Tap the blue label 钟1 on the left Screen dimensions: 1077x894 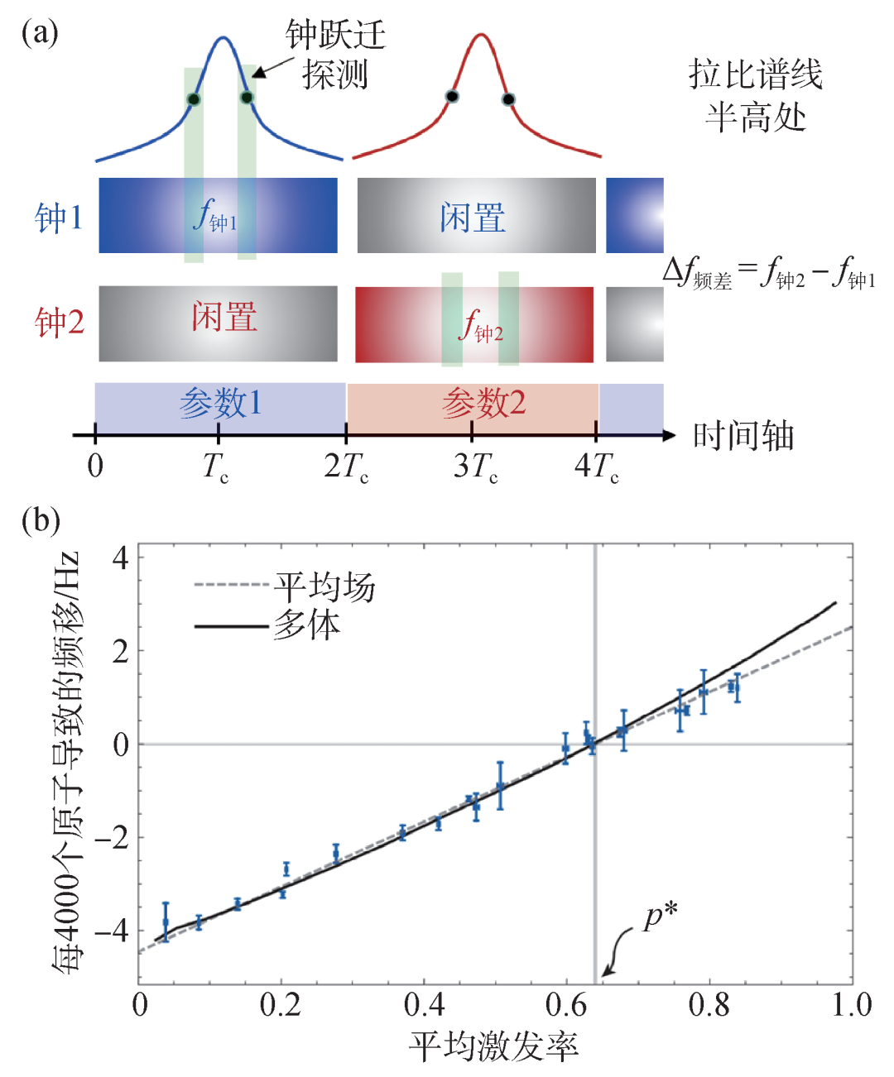click(59, 218)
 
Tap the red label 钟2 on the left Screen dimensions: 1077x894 click(60, 322)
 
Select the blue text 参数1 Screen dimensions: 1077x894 click(220, 404)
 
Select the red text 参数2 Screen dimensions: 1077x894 click(483, 404)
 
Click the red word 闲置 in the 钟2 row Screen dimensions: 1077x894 click(224, 317)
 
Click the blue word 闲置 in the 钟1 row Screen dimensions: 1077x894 click(473, 218)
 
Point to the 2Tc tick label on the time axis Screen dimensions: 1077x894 click(346, 467)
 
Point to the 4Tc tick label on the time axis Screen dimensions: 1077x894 click(596, 467)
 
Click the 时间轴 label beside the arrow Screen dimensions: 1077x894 click(743, 435)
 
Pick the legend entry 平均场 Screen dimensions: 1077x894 click(324, 587)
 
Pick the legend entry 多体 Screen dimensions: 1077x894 click(306, 625)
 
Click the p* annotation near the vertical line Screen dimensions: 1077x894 click(660, 917)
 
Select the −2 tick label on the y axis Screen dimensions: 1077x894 click(111, 838)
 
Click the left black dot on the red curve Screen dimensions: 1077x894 click(452, 97)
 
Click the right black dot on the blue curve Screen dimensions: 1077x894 click(247, 98)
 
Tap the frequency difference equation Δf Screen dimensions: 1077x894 click(768, 272)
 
